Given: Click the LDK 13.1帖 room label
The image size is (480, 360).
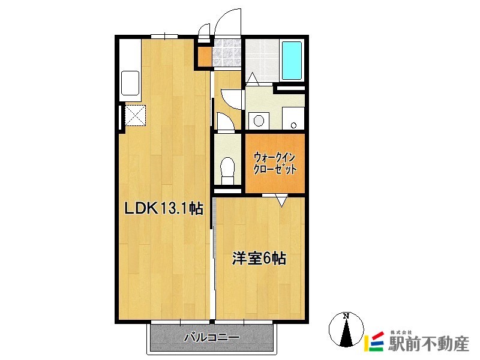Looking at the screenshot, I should [x=163, y=209].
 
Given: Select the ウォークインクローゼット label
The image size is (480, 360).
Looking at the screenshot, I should [x=275, y=163].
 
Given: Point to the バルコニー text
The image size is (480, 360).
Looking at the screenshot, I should [x=211, y=338].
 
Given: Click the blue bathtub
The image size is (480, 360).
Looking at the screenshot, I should [x=292, y=62].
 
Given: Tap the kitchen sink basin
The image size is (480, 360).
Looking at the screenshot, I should [x=130, y=83].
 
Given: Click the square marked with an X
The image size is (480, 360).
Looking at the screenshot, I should [x=136, y=115].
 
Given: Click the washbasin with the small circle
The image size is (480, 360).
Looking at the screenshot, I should [x=293, y=119].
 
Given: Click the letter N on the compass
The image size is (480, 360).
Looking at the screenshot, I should [x=346, y=316].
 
